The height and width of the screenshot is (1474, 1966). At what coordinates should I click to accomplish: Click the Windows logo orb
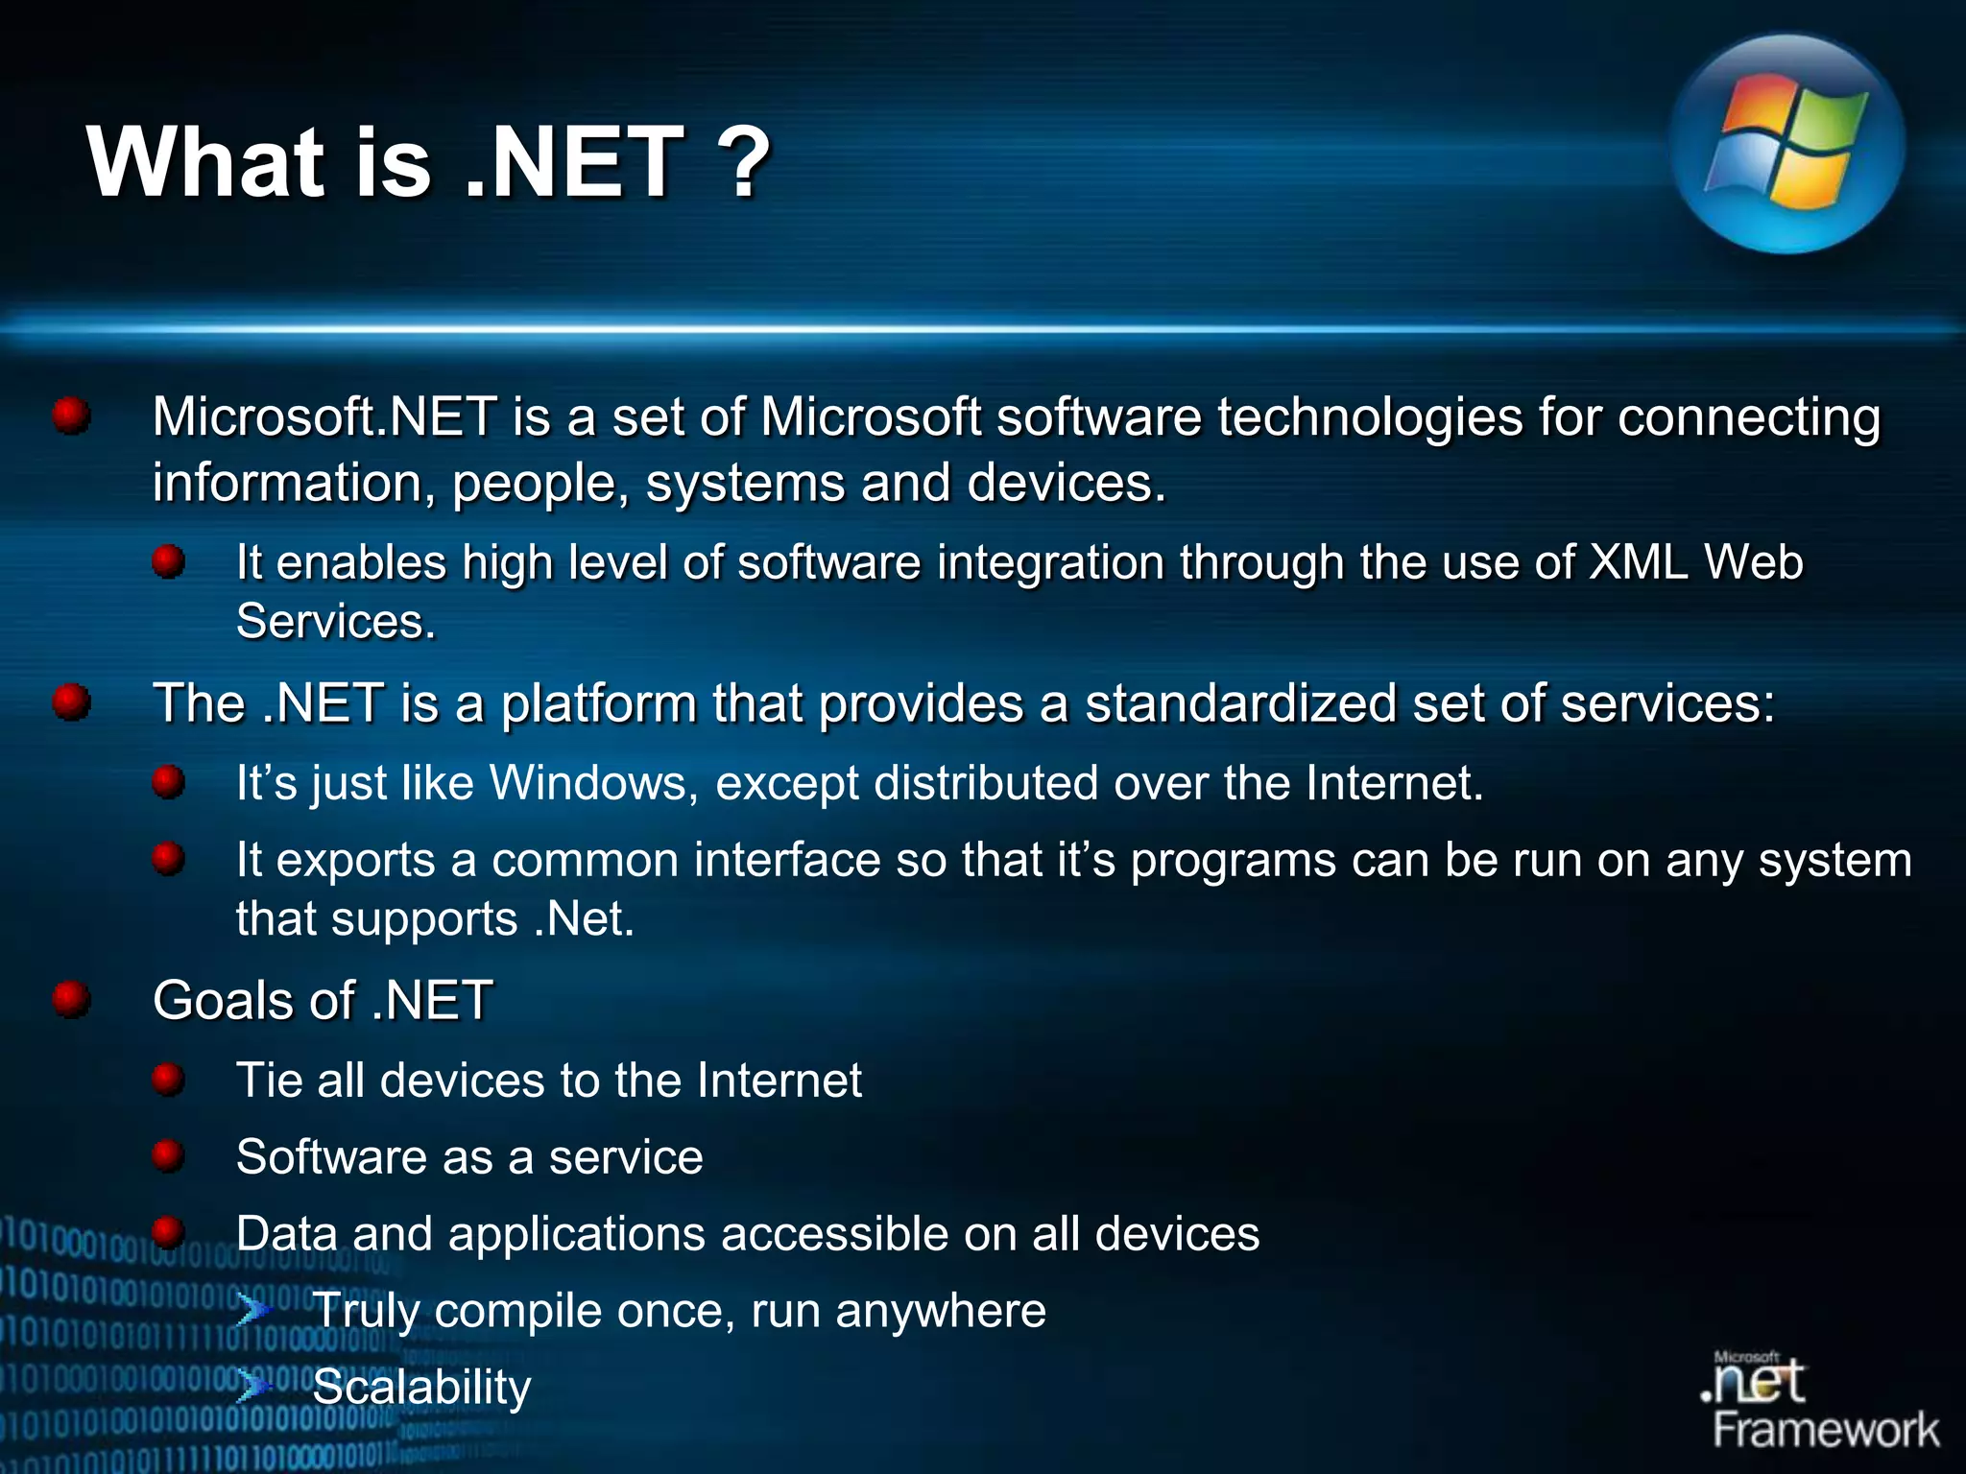1786,144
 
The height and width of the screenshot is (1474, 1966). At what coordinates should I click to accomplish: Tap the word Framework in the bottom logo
1826,1430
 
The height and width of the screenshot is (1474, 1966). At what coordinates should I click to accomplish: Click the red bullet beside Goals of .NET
71,999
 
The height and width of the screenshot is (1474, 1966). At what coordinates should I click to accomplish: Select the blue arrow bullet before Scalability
254,1385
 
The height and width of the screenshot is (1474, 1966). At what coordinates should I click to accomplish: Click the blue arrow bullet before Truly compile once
254,1309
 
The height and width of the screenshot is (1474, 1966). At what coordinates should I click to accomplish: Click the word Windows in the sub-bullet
593,782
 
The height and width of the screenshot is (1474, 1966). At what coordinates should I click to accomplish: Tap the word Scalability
421,1388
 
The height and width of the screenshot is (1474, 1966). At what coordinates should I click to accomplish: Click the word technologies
1370,417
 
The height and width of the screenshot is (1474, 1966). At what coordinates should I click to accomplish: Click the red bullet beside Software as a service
168,1155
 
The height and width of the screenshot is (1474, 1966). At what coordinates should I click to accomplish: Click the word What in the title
206,163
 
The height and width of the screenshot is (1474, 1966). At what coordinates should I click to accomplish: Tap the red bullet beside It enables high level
168,561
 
